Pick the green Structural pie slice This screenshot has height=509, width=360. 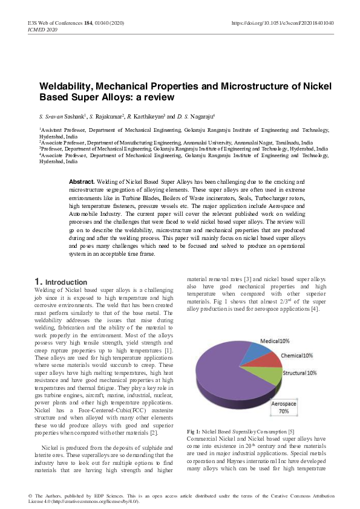272,375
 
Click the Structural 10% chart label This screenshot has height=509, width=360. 300,373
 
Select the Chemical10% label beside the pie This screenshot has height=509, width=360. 296,355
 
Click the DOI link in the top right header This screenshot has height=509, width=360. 283,23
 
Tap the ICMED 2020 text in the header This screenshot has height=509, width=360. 44,29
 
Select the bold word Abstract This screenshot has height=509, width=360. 82,181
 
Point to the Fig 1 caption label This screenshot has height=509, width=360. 194,431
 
